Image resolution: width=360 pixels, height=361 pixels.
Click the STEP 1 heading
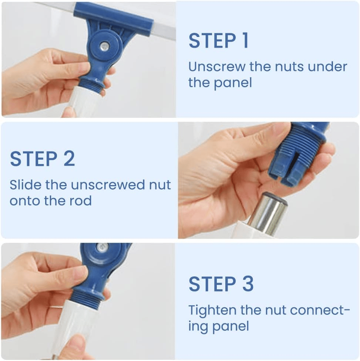click(x=219, y=41)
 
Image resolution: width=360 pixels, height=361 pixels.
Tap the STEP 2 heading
click(x=43, y=159)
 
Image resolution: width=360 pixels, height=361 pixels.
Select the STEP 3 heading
click(x=221, y=284)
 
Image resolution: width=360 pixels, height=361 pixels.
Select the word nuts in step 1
click(x=292, y=67)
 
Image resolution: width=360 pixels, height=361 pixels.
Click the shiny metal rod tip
click(x=267, y=214)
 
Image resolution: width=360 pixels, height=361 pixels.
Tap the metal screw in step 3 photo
click(x=100, y=248)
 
